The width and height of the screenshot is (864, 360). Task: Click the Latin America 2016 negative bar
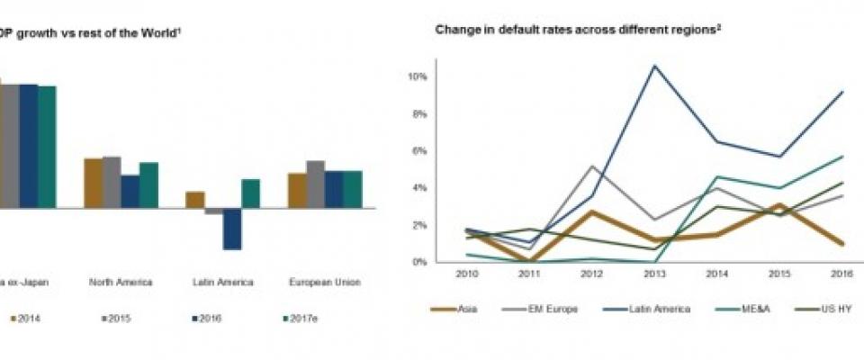tap(231, 229)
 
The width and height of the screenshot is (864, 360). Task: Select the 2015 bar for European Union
tap(315, 184)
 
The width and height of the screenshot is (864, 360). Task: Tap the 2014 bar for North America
tap(93, 184)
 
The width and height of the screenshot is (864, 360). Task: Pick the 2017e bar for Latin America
tap(250, 193)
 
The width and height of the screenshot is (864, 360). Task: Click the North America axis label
tap(121, 282)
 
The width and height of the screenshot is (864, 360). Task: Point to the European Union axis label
tap(325, 282)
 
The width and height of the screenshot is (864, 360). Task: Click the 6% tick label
tap(418, 151)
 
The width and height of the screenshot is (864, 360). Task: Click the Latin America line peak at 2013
tap(654, 66)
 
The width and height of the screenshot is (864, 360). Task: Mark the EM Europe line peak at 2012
tap(592, 166)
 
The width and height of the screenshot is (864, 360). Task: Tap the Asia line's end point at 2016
tap(841, 243)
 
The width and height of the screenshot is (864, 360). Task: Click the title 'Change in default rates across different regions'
tap(577, 29)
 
